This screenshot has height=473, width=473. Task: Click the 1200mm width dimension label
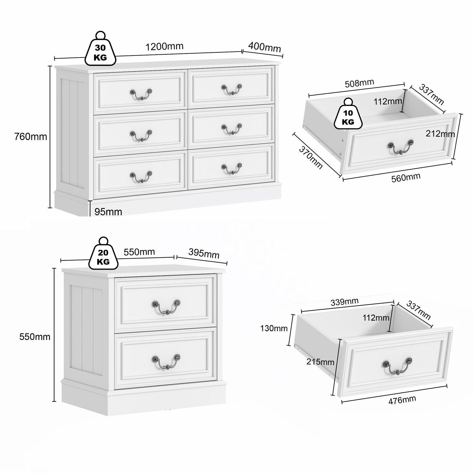(164, 46)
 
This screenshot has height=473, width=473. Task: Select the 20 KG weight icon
(103, 253)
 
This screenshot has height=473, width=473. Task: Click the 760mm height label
(31, 137)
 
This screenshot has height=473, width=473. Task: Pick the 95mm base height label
(108, 212)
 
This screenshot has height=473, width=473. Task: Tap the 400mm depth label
(265, 47)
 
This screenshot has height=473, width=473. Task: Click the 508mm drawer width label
(359, 83)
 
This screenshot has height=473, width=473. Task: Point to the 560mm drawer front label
(406, 178)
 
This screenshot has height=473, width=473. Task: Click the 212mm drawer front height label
(440, 134)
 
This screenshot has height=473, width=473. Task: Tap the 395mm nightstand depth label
(204, 253)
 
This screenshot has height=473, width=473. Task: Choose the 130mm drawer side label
(274, 328)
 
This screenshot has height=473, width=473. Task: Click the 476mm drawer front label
(402, 400)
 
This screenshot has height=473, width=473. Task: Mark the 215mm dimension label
(320, 362)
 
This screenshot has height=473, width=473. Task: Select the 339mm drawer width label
(345, 302)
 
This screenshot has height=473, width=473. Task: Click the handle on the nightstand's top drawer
(166, 307)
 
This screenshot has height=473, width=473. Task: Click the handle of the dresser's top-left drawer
(141, 94)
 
